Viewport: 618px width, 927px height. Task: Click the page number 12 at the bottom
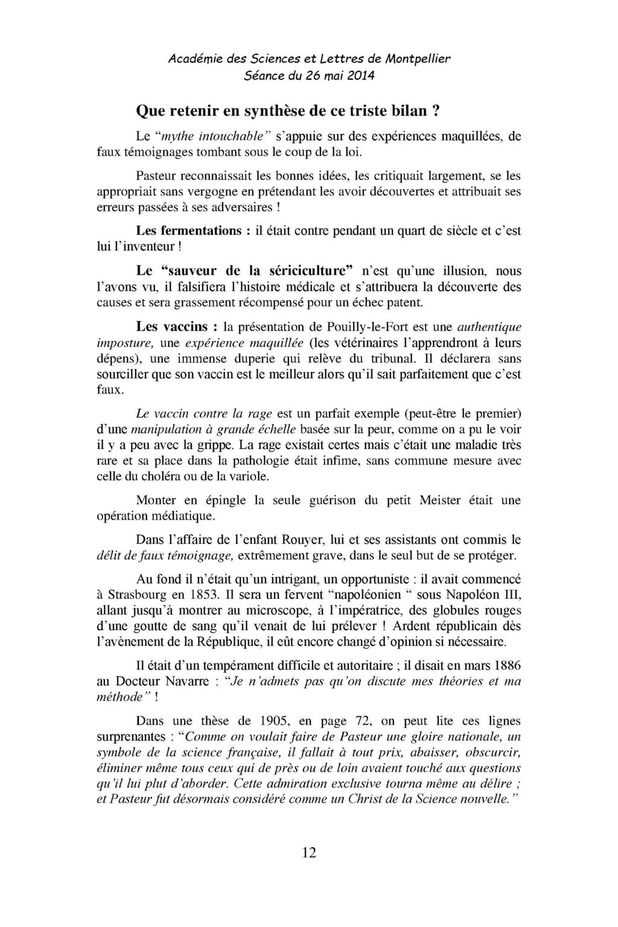[309, 852]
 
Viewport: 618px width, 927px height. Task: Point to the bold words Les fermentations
[190, 231]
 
